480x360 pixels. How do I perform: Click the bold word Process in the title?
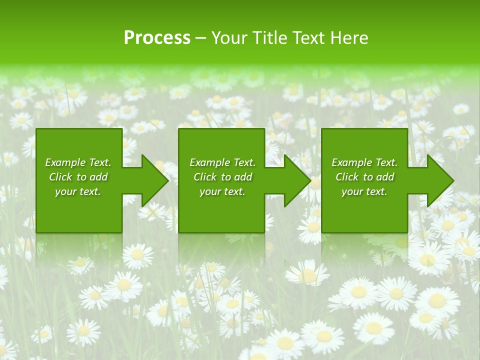pos(157,38)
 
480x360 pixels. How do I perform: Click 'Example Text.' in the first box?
pos(78,162)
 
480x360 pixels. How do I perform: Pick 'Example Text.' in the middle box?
pos(222,162)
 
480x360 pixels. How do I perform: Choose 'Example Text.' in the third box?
pos(364,162)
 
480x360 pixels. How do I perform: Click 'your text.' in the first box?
pos(78,191)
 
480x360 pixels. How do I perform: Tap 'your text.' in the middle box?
pos(222,191)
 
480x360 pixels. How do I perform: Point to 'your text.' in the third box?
pos(364,191)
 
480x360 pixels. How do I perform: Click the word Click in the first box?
pos(60,177)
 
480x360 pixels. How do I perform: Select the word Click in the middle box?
pos(205,177)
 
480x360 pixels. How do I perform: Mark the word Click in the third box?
pos(347,177)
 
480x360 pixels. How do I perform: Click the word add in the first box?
pos(98,177)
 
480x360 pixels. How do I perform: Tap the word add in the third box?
pos(385,177)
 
